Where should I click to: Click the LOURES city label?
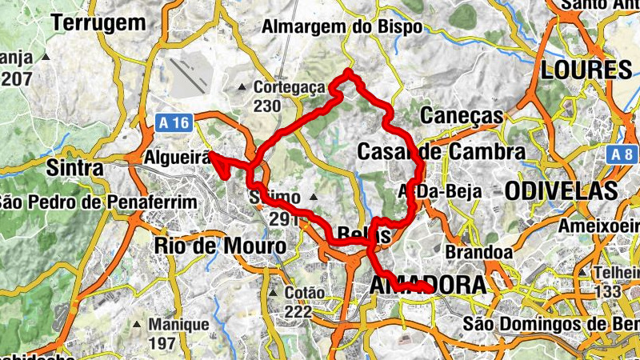click(x=586, y=70)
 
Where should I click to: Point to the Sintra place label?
click(x=75, y=169)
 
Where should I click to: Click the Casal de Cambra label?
click(x=441, y=151)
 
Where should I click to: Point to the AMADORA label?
click(x=428, y=285)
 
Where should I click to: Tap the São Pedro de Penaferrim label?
click(x=98, y=202)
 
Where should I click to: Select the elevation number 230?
click(x=267, y=106)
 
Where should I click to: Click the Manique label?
click(x=182, y=325)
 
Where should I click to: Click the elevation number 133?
click(x=607, y=291)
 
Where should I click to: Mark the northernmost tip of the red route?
click(x=349, y=74)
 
